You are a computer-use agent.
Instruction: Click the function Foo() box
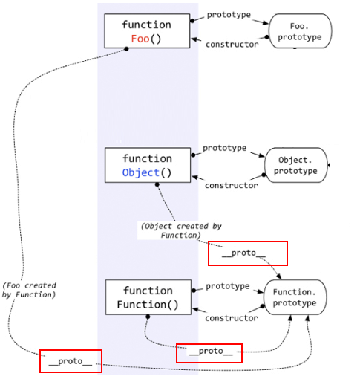(x=146, y=31)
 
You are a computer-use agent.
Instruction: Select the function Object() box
(x=147, y=165)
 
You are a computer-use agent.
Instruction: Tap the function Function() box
(x=148, y=297)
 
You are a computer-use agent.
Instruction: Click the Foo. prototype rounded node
(x=300, y=31)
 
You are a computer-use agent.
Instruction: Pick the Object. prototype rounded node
(x=295, y=165)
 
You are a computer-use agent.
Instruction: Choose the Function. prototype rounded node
(x=295, y=297)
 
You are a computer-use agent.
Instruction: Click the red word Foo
(x=140, y=39)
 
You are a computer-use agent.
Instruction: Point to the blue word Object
(x=141, y=172)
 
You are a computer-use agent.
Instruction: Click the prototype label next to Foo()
(x=229, y=15)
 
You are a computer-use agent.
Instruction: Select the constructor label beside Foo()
(x=232, y=45)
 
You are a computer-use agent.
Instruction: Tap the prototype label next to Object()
(x=224, y=148)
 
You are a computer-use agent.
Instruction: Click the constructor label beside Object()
(x=231, y=185)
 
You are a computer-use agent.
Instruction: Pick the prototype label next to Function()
(x=228, y=286)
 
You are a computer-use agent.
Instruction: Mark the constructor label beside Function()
(x=231, y=318)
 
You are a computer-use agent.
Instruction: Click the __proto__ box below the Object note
(x=248, y=253)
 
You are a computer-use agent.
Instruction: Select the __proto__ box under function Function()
(x=209, y=352)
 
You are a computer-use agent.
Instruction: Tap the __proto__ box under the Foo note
(x=71, y=361)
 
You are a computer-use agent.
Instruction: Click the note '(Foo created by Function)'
(x=29, y=291)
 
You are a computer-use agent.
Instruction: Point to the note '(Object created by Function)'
(x=180, y=230)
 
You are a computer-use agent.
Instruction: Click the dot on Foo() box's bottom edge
(x=127, y=49)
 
